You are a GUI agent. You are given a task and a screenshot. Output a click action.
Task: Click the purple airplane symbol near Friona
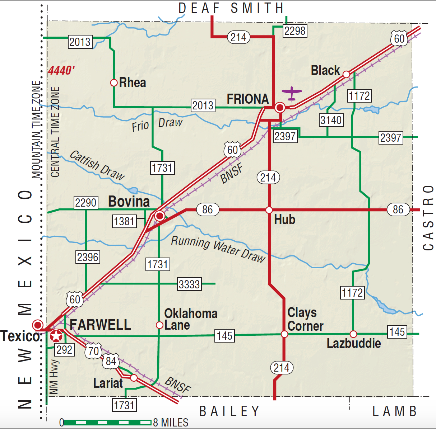tap(292, 94)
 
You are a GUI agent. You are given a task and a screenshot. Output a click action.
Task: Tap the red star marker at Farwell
tap(56, 336)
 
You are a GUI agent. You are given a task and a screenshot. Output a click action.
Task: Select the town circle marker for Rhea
tap(114, 83)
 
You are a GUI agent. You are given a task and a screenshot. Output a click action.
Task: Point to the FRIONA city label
tap(248, 99)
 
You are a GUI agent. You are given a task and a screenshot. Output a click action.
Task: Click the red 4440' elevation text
tap(61, 71)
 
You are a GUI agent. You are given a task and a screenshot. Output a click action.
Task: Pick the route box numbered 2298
tap(295, 31)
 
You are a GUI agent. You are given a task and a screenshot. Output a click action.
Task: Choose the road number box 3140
tap(331, 120)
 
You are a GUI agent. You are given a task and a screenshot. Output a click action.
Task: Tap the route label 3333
tap(189, 284)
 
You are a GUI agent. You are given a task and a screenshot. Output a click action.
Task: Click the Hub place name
tap(284, 220)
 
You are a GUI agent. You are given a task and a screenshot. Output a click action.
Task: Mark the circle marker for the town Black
tap(346, 74)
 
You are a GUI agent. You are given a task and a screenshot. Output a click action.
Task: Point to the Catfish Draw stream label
tap(97, 165)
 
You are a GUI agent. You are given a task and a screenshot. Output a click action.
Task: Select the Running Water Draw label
tap(218, 249)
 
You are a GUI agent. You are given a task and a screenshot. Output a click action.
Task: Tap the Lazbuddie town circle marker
tap(353, 334)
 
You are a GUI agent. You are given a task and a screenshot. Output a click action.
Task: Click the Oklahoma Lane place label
tap(190, 319)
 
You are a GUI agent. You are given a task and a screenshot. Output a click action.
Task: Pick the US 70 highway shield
tap(93, 351)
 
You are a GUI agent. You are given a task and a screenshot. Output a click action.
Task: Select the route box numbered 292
tap(65, 349)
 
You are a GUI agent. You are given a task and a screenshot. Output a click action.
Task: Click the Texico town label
tap(20, 336)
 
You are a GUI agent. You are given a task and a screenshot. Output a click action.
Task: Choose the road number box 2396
tap(88, 257)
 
